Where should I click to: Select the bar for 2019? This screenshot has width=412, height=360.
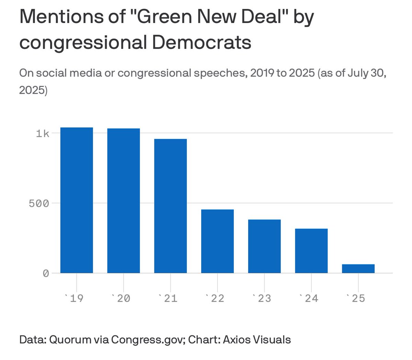click(77, 200)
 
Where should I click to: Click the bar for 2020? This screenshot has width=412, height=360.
click(124, 201)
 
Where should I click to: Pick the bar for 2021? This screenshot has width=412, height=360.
click(171, 206)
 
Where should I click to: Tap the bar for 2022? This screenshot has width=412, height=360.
click(217, 241)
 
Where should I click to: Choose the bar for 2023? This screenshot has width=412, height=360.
click(264, 246)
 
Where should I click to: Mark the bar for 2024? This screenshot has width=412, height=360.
click(311, 251)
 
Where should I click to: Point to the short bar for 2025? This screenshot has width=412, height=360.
click(358, 269)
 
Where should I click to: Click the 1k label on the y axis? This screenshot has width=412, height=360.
click(43, 133)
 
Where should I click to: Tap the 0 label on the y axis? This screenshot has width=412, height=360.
click(46, 274)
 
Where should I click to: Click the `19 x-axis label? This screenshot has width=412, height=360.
click(74, 298)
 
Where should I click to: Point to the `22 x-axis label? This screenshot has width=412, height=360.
click(215, 298)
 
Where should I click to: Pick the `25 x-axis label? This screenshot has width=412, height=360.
click(355, 298)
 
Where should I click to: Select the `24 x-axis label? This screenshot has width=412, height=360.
click(308, 298)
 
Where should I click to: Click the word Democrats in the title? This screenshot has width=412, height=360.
click(202, 43)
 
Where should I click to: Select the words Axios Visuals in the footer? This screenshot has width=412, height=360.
click(257, 339)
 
